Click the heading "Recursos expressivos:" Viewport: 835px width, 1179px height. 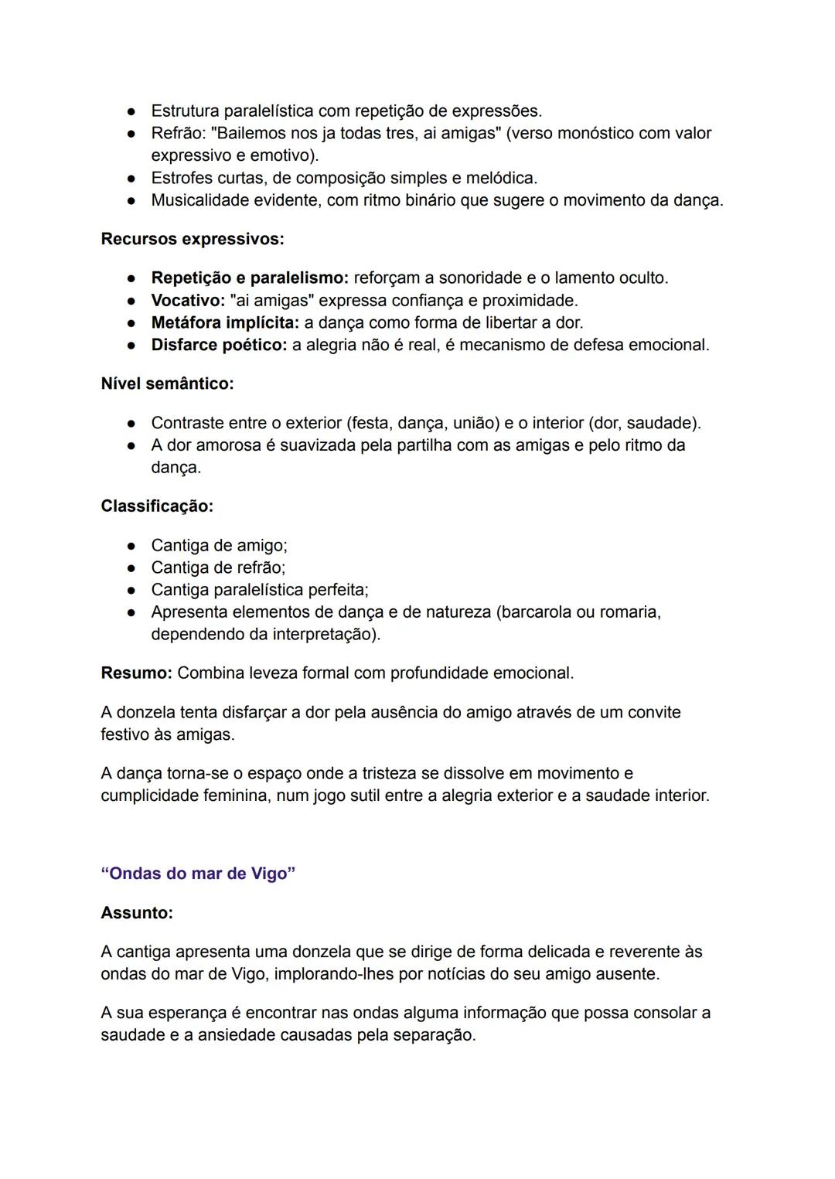[193, 240]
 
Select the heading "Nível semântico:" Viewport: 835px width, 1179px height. [167, 383]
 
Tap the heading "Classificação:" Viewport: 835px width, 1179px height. [157, 506]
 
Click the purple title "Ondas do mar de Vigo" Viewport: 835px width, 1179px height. [198, 874]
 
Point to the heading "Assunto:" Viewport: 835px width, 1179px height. [137, 913]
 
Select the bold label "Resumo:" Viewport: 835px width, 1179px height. [136, 673]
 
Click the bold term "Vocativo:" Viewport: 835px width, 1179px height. [188, 301]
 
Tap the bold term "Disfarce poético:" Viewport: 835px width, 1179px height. [219, 346]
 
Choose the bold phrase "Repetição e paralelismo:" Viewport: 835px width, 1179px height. [250, 278]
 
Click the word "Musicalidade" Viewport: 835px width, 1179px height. [200, 201]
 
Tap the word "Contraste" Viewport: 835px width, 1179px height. [186, 424]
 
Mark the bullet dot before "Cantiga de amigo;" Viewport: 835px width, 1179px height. [132, 547]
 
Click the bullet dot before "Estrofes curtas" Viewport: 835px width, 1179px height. [132, 179]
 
